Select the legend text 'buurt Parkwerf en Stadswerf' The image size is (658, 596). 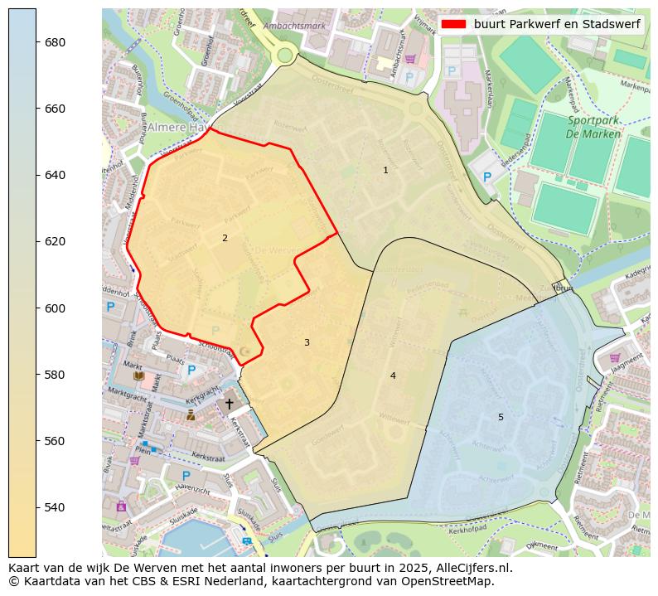tap(557, 24)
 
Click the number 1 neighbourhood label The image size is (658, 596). tap(385, 170)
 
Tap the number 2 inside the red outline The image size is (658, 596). tap(225, 238)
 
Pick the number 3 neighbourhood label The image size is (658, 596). tap(307, 342)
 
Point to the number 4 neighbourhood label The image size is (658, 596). tap(393, 376)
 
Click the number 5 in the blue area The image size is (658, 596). tap(501, 417)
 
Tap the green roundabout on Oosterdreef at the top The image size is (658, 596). tap(285, 56)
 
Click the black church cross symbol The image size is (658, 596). tap(230, 404)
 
